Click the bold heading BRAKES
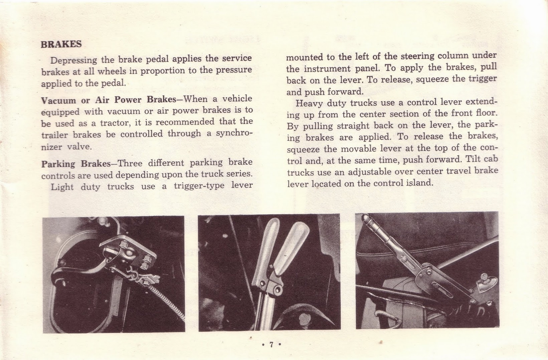point(61,44)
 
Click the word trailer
point(54,135)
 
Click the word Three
point(130,163)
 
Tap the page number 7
point(271,345)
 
